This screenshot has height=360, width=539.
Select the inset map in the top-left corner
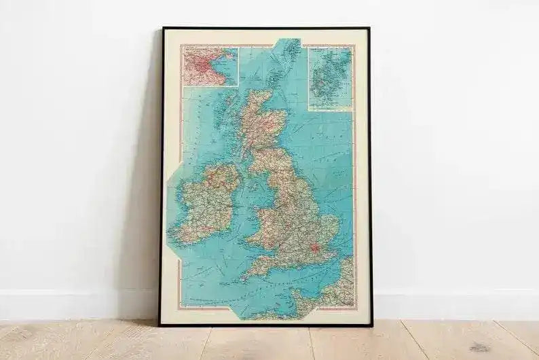210,67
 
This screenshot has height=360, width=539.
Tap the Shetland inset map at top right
330,77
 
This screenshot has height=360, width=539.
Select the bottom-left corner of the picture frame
161,324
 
